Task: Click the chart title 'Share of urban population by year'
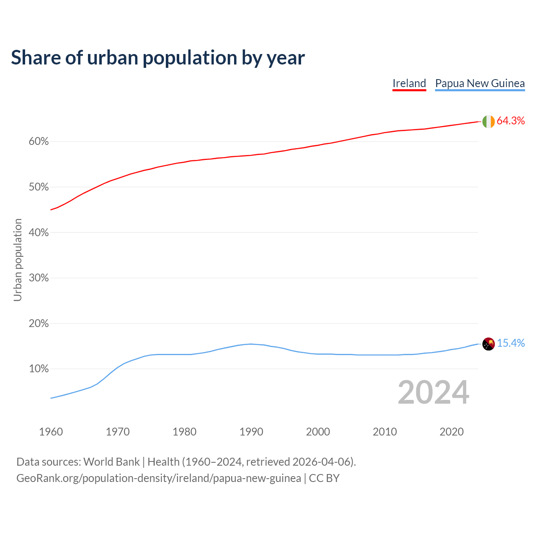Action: click(x=158, y=58)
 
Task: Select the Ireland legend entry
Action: click(x=409, y=83)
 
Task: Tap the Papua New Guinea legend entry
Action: click(x=480, y=83)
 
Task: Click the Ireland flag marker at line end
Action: click(x=488, y=121)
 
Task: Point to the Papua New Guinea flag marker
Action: click(x=488, y=344)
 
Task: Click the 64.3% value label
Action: click(x=510, y=121)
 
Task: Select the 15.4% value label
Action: click(x=510, y=343)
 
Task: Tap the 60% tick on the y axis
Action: click(x=39, y=142)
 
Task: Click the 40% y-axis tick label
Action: click(x=39, y=233)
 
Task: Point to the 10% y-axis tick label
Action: click(x=39, y=369)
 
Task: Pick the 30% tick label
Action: click(x=39, y=278)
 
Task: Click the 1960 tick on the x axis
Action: click(x=51, y=432)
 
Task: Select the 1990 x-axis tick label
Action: click(x=251, y=432)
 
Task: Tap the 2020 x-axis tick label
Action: click(x=451, y=432)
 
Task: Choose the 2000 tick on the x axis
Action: click(x=318, y=432)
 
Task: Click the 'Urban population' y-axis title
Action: click(x=18, y=260)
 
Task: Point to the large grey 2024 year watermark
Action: click(x=433, y=393)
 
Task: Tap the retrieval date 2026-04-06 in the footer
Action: click(x=321, y=462)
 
